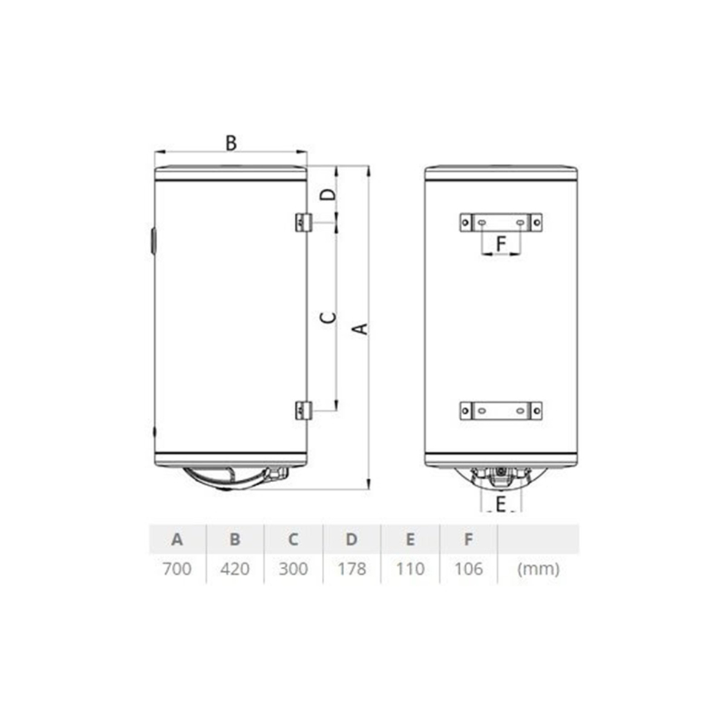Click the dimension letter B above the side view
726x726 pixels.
point(231,143)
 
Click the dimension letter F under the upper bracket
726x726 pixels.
point(501,244)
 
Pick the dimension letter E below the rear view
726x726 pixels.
point(500,504)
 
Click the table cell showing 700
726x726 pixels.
point(177,569)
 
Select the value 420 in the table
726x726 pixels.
point(235,569)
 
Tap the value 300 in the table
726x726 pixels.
point(293,569)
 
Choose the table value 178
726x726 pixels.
point(352,569)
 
